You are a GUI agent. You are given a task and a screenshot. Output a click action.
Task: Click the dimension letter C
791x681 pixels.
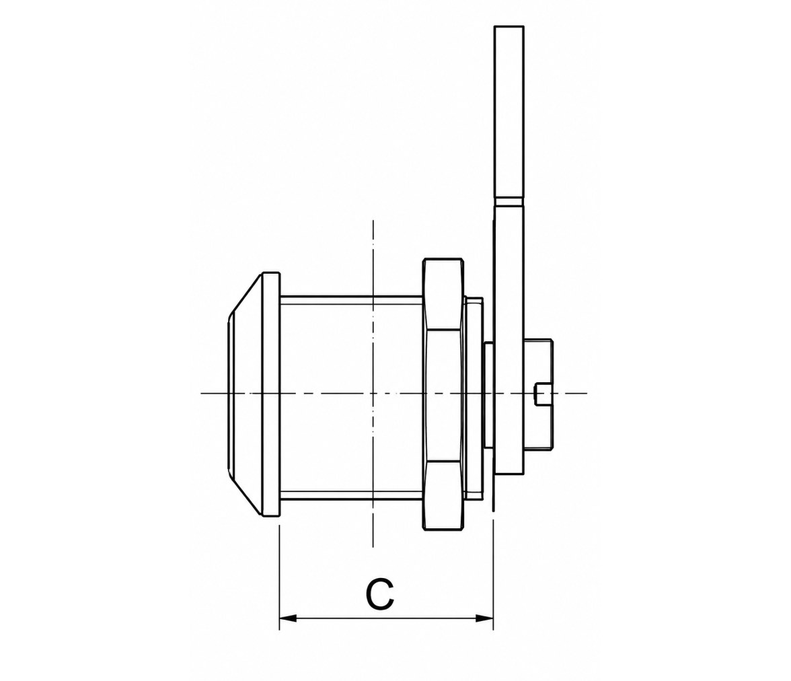point(379,594)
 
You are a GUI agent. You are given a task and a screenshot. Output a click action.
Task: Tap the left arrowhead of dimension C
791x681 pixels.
point(288,618)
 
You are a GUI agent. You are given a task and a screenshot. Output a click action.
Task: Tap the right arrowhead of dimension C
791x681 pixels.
point(484,618)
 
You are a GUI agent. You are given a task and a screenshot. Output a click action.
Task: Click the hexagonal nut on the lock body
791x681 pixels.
point(443,394)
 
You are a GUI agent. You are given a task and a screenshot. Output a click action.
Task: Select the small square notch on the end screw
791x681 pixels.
point(542,394)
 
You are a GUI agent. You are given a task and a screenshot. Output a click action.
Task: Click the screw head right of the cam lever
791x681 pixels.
point(539,394)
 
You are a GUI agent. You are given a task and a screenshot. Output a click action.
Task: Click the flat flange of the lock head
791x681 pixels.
point(272,395)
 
